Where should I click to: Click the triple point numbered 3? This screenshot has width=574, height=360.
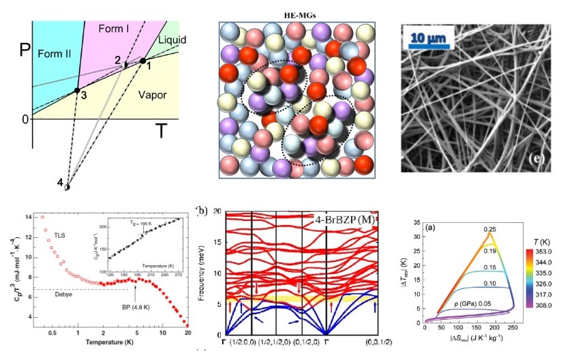78,90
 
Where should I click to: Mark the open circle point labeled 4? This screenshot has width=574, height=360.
67,185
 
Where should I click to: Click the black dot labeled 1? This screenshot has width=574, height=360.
143,61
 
